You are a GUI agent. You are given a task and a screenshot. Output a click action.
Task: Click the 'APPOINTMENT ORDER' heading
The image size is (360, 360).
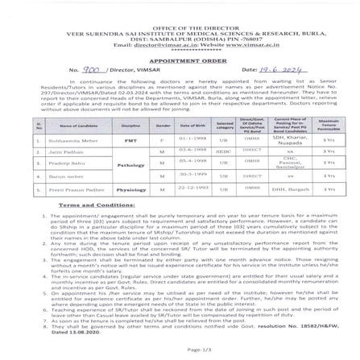tap(179, 59)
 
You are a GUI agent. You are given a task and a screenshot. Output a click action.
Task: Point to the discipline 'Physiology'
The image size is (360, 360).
tap(131, 190)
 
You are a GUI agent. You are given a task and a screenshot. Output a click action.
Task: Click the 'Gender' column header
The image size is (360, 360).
tap(163, 126)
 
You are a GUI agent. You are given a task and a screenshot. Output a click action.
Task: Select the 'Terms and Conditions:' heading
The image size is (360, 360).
tap(85, 205)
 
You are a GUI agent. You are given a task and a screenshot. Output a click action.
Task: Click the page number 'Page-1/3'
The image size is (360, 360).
tap(195, 349)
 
